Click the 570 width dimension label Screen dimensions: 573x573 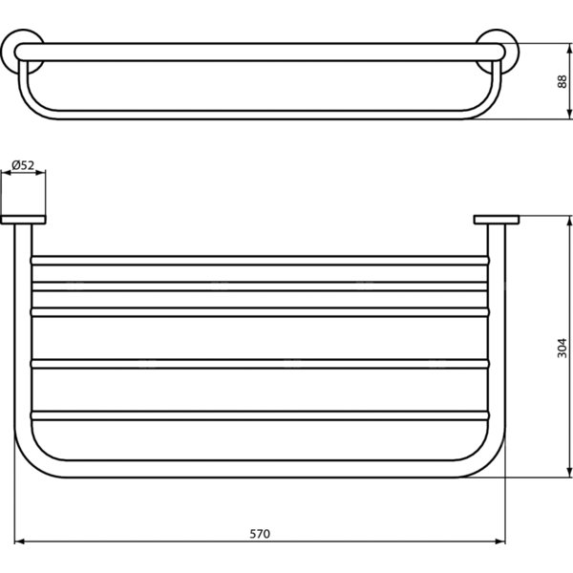pos(260,534)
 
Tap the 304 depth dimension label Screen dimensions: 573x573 pos(562,348)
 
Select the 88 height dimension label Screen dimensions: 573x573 pos(562,81)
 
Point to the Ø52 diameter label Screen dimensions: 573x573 pos(23,165)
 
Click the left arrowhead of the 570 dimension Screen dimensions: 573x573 pos(19,541)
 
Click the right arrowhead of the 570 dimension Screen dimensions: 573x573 pos(500,541)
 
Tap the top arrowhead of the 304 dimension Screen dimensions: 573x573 pos(569,221)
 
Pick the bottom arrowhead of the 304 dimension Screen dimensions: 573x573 pos(569,473)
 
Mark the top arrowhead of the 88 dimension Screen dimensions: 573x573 pos(569,49)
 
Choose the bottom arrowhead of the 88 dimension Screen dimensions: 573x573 pos(569,114)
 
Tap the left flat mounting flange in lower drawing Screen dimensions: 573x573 pos(23,220)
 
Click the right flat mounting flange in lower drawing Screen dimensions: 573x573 pos(497,220)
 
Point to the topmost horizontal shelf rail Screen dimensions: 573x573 pos(260,261)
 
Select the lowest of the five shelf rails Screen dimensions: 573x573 pos(260,415)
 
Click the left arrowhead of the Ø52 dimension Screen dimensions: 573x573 pos(7,173)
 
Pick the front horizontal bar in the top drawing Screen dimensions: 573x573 pos(260,52)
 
